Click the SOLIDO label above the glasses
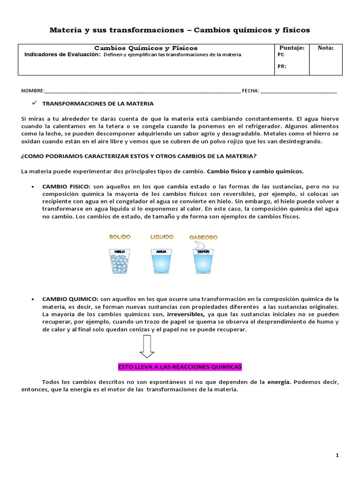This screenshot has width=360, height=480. tap(120, 237)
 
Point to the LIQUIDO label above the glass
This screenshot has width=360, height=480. tap(162, 237)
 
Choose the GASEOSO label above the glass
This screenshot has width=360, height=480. tap(203, 237)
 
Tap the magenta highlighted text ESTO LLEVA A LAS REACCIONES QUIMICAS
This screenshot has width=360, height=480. tap(179, 366)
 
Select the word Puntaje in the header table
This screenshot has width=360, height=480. tap(292, 48)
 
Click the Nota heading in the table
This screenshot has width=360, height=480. tap(326, 48)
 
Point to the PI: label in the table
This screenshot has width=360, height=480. tap(281, 54)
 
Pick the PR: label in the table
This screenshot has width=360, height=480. tap(282, 66)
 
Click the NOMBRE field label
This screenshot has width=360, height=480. tap(33, 90)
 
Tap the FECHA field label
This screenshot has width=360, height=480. tap(250, 90)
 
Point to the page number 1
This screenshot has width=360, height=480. tap(337, 456)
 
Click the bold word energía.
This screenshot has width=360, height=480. tap(279, 382)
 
